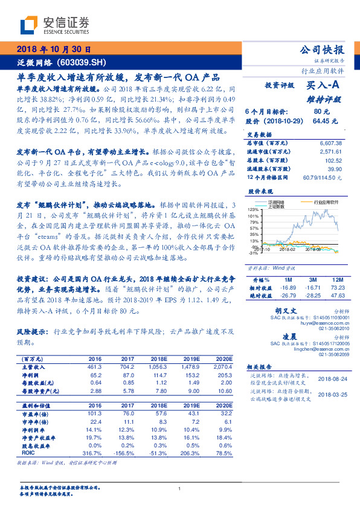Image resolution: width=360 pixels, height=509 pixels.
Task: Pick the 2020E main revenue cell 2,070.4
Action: click(x=222, y=366)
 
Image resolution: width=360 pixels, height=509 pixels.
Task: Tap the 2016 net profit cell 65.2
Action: click(x=95, y=375)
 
